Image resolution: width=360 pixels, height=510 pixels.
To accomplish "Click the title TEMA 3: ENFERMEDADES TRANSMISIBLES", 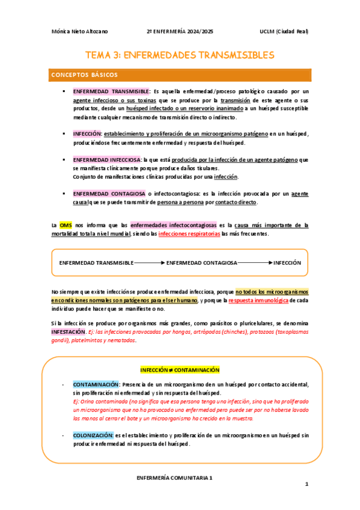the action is pyautogui.click(x=180, y=55).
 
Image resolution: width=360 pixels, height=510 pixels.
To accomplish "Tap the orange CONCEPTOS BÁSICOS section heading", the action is pyautogui.click(x=84, y=75).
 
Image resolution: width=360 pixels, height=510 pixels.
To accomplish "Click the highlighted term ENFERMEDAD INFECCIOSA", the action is pyautogui.click(x=106, y=160).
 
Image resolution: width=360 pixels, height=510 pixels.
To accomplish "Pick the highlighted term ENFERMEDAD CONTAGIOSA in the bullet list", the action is pyautogui.click(x=108, y=194).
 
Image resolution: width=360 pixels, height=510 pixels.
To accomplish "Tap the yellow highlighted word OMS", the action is pyautogui.click(x=66, y=225).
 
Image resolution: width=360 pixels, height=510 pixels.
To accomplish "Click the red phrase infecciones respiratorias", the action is pyautogui.click(x=189, y=233).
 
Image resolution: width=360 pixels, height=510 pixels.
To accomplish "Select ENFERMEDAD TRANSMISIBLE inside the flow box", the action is pyautogui.click(x=96, y=263).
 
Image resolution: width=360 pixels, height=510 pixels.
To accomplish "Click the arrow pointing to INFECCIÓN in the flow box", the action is pyautogui.click(x=255, y=263).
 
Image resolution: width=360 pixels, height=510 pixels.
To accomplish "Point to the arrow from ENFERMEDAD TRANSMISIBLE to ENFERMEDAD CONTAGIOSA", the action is pyautogui.click(x=149, y=263).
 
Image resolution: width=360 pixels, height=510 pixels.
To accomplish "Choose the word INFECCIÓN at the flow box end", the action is pyautogui.click(x=287, y=263).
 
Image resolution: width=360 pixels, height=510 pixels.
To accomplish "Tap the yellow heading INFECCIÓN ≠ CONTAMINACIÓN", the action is pyautogui.click(x=180, y=370).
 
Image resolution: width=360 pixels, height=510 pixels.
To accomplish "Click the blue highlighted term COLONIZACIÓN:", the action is pyautogui.click(x=93, y=435).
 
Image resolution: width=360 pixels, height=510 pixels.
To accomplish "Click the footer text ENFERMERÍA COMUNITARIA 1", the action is pyautogui.click(x=175, y=476).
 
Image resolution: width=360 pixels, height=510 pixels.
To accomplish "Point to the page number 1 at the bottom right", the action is pyautogui.click(x=306, y=484).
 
